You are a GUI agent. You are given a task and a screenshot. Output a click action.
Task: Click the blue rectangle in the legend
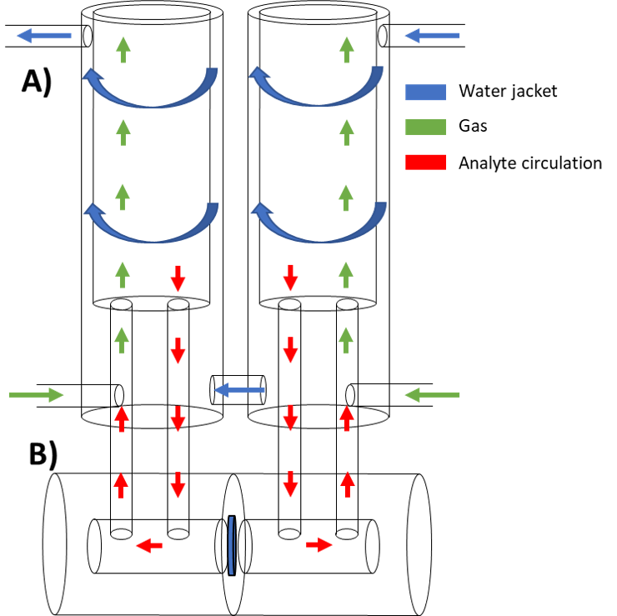click(x=425, y=93)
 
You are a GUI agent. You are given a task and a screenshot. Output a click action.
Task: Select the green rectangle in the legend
click(x=425, y=128)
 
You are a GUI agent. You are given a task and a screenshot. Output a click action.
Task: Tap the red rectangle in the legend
click(x=425, y=162)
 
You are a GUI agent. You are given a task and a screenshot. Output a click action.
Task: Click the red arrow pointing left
click(x=149, y=545)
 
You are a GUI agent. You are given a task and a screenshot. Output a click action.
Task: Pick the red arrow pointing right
click(x=319, y=544)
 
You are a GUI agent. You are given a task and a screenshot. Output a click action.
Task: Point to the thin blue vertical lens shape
click(x=231, y=546)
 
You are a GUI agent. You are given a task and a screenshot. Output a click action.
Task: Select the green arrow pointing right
click(x=36, y=394)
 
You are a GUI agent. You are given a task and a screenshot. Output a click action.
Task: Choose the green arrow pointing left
click(x=432, y=394)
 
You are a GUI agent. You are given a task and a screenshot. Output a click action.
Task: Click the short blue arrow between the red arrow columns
click(x=239, y=389)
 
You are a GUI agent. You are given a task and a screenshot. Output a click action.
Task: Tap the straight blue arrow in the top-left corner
click(x=44, y=35)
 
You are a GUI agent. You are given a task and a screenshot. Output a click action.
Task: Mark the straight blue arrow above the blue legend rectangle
click(x=432, y=35)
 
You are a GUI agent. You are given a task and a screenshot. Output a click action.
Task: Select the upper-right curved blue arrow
click(x=317, y=90)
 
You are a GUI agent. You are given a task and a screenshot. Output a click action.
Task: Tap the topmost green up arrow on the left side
click(x=123, y=49)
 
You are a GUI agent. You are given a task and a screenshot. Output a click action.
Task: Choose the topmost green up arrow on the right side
click(x=347, y=49)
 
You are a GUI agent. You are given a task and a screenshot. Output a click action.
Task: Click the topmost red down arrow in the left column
click(x=178, y=278)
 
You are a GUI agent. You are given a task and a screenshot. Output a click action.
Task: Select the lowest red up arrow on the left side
click(x=121, y=484)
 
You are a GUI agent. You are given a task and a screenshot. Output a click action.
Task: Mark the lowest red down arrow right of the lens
click(x=290, y=484)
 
